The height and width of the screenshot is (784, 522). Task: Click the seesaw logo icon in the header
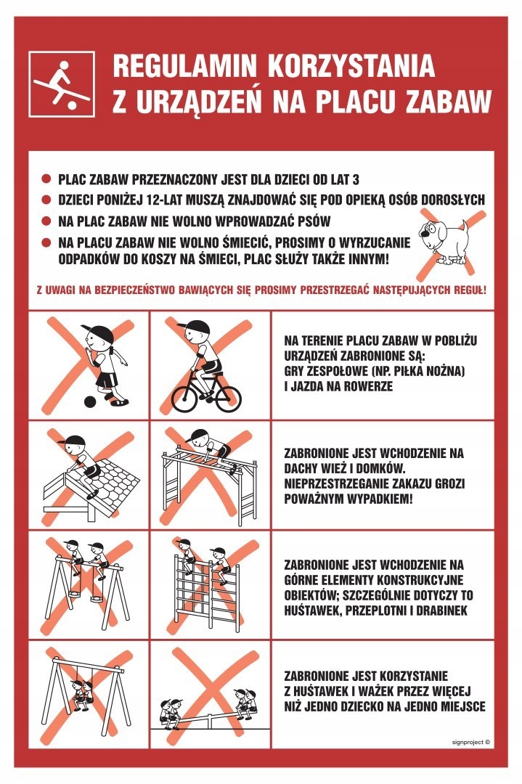pyautogui.click(x=61, y=84)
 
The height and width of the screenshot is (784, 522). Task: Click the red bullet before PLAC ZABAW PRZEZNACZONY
pyautogui.click(x=46, y=179)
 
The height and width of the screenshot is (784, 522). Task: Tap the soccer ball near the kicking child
pyautogui.click(x=89, y=401)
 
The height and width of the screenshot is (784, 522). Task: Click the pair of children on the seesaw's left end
pyautogui.click(x=173, y=710)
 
